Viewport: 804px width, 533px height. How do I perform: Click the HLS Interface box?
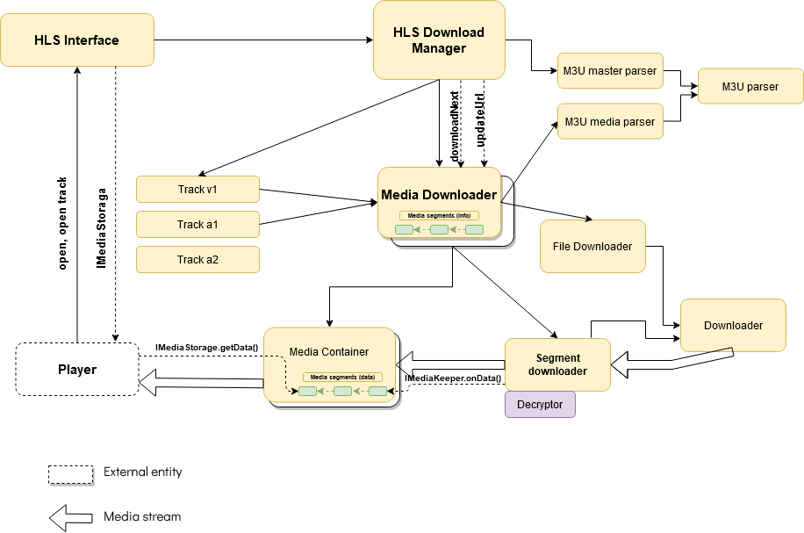point(76,40)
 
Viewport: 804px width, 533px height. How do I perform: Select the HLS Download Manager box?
point(439,40)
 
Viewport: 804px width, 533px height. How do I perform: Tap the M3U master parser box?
point(610,71)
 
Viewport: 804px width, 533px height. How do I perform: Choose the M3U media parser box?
point(610,121)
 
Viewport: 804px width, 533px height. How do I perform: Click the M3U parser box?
point(750,87)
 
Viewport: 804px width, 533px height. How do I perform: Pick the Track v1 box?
point(197,189)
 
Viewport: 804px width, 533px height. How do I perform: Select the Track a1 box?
point(197,224)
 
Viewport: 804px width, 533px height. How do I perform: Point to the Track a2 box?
point(197,259)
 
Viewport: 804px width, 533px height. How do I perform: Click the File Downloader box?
point(592,247)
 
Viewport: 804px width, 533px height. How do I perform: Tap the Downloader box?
point(733,326)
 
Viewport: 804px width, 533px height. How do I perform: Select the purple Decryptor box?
point(540,404)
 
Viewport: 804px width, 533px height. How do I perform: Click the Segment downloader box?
point(557,364)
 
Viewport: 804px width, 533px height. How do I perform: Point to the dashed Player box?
point(77,369)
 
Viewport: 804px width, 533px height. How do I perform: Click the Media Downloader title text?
point(439,194)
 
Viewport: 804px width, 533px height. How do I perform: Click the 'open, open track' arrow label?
point(62,224)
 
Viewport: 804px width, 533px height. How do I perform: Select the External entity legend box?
point(70,473)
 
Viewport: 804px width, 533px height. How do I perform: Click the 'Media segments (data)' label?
point(342,377)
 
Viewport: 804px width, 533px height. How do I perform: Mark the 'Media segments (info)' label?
point(439,215)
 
